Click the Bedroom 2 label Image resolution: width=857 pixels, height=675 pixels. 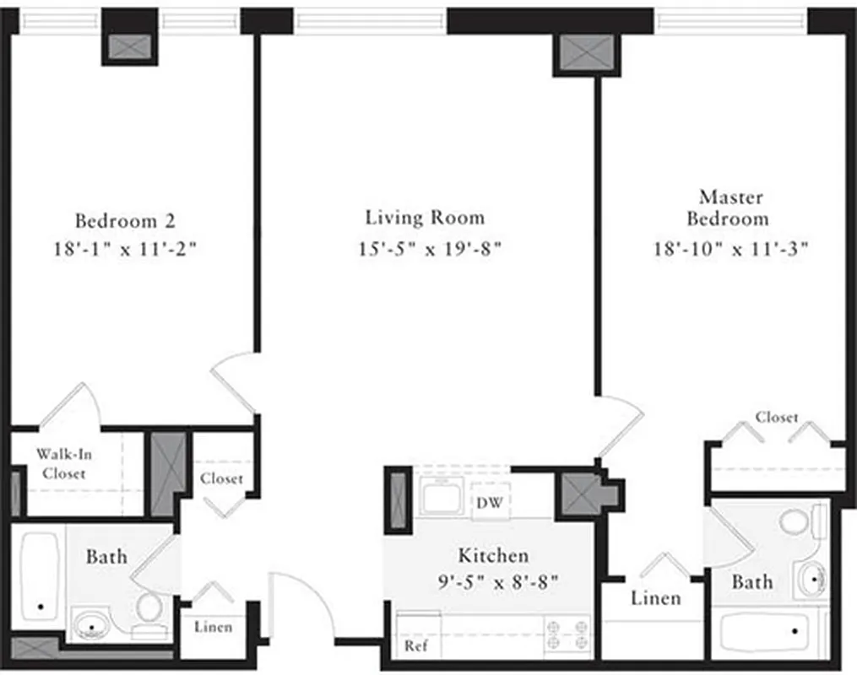coord(125,221)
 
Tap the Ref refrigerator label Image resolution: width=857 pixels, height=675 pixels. coord(414,646)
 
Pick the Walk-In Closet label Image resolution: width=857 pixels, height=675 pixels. coord(64,464)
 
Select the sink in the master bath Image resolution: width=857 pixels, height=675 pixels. coord(812,579)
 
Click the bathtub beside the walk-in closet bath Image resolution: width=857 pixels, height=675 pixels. coord(39,573)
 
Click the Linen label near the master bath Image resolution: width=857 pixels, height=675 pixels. coord(656,598)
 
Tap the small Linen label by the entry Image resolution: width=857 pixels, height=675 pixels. coord(213,627)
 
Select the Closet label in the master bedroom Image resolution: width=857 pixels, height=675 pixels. coord(776,418)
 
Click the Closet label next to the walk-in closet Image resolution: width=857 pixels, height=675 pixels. coord(221,479)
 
